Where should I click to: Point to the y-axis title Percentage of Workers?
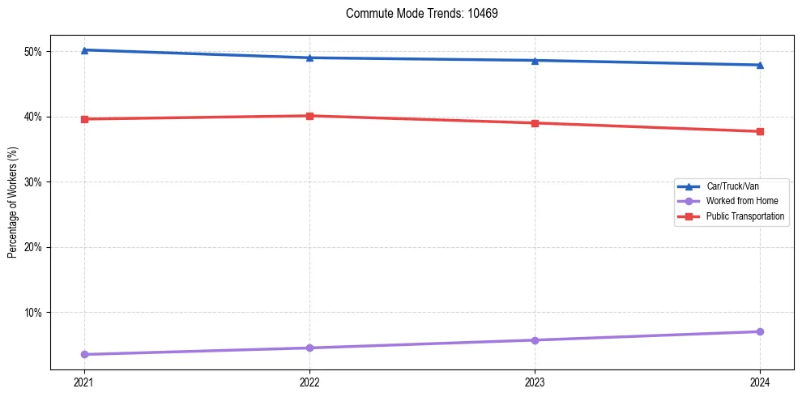coord(13,203)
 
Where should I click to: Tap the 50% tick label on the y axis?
coord(35,52)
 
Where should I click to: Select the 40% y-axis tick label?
coord(35,117)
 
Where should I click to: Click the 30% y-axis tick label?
coord(35,182)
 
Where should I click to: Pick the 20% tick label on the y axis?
coord(35,247)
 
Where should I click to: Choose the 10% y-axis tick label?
coord(35,313)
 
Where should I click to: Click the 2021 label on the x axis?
coord(83,381)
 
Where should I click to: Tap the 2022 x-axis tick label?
coord(309,381)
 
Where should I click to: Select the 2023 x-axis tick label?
coord(535,381)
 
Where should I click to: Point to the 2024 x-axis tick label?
coord(760,381)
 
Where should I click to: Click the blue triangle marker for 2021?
coord(83,50)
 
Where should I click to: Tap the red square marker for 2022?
coord(309,116)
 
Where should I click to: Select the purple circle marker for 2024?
coord(760,331)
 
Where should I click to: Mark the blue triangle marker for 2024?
coord(760,65)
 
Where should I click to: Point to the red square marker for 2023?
coord(535,123)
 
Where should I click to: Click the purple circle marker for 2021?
coord(83,354)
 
